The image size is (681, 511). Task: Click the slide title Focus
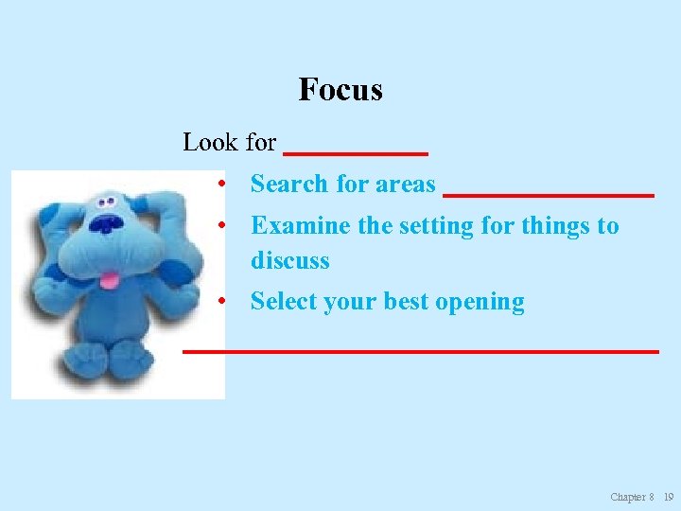coord(340,90)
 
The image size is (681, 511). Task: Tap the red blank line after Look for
coord(356,152)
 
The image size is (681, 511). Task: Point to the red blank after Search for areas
coord(549,194)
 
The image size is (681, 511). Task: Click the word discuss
coord(289,260)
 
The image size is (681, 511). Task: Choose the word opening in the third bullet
coord(480,303)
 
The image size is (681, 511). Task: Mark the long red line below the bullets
coord(420,351)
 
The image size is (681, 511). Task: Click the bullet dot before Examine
coord(219,227)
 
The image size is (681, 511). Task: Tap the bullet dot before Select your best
coord(219,303)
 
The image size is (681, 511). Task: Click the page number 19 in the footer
coord(669,497)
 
